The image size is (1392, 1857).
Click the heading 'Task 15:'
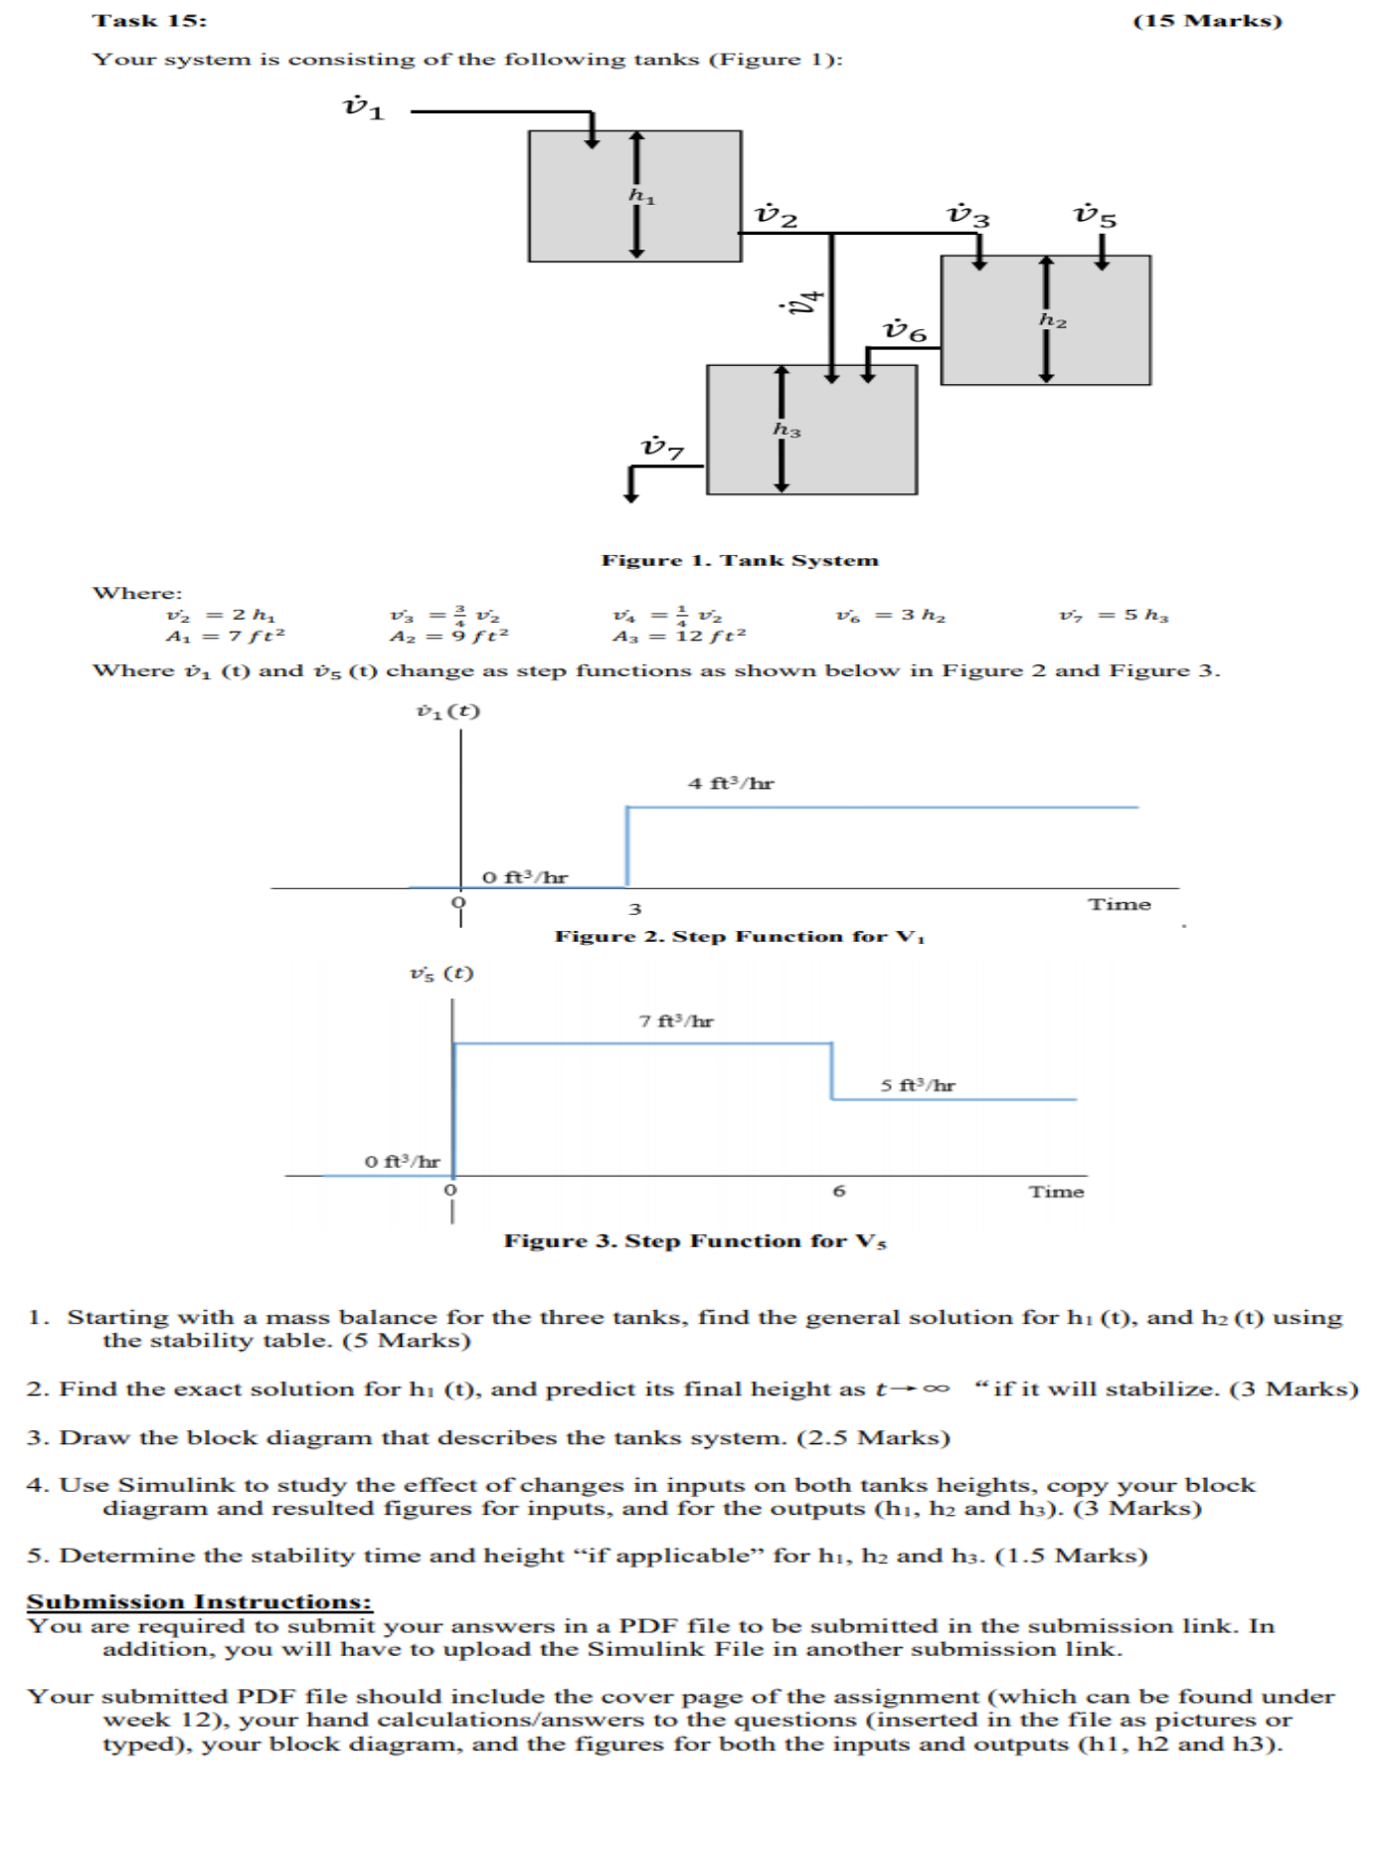tap(149, 21)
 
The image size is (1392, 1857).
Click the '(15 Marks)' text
tap(1207, 21)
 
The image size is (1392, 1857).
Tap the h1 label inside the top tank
tap(642, 197)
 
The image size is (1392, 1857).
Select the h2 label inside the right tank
tap(1053, 320)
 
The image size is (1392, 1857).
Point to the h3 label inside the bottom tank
tap(786, 430)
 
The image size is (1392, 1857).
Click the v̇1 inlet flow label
tap(363, 107)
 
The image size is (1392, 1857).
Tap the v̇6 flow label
tap(905, 330)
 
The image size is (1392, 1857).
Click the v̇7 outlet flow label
tap(663, 448)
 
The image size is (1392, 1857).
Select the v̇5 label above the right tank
tap(1095, 216)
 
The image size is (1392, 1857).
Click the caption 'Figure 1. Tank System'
tap(740, 560)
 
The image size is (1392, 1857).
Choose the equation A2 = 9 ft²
tap(448, 636)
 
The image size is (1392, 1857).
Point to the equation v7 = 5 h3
tap(1114, 616)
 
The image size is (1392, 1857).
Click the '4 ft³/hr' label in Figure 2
tap(731, 783)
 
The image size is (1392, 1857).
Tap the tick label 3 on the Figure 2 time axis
tap(634, 908)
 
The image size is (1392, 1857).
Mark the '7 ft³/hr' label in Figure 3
tap(676, 1021)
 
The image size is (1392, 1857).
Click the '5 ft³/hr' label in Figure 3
tap(917, 1085)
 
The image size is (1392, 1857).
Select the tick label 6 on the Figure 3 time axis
tap(839, 1191)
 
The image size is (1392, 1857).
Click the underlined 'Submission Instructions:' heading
tap(199, 1601)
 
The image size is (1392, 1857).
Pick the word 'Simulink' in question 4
tap(178, 1485)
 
